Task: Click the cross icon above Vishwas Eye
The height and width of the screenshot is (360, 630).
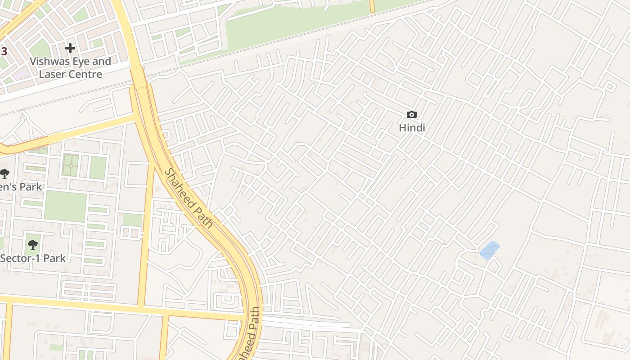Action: pos(70,48)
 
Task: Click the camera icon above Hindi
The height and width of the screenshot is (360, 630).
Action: pos(411,115)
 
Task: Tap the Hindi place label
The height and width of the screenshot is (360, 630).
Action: pos(412,128)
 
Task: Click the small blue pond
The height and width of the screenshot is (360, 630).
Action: pos(489,250)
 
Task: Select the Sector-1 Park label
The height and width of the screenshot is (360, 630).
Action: pos(33,258)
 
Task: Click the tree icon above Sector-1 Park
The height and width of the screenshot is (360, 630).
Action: pos(32,245)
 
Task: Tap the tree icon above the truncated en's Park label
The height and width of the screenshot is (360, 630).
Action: pos(4,173)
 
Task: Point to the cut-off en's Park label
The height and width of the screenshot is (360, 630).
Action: pos(20,187)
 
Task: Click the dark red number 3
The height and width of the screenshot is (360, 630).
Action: pos(4,51)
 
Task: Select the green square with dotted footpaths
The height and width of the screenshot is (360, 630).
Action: pos(70,165)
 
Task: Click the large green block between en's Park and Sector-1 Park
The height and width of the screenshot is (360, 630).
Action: pos(65,207)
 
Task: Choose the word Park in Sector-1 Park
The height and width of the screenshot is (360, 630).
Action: pos(54,258)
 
